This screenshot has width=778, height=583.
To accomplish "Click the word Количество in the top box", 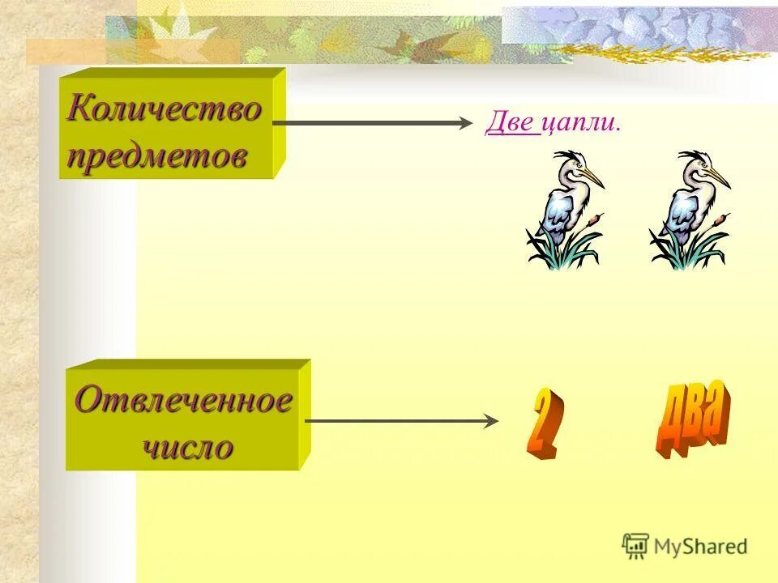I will (165, 108).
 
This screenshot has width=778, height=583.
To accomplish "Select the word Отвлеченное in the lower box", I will (183, 400).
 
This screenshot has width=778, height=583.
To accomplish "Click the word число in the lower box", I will (188, 446).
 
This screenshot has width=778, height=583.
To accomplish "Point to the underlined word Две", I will (512, 122).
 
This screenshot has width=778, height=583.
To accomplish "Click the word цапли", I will (580, 122).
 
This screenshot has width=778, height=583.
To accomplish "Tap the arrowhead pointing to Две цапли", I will (464, 123).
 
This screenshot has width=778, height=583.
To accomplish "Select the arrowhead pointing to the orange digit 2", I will (490, 421).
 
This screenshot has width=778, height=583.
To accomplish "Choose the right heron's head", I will (696, 167).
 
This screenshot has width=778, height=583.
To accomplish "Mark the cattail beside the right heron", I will (720, 219).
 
